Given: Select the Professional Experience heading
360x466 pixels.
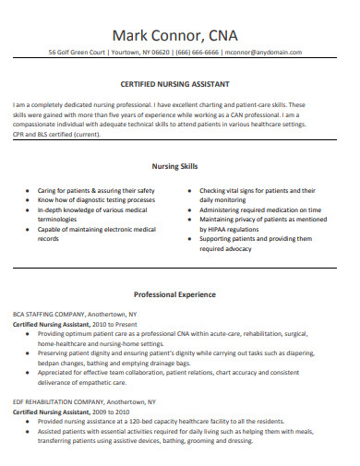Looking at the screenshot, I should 180,294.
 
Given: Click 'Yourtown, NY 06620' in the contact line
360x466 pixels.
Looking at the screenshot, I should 144,53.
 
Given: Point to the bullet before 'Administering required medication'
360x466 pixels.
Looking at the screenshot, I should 189,209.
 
